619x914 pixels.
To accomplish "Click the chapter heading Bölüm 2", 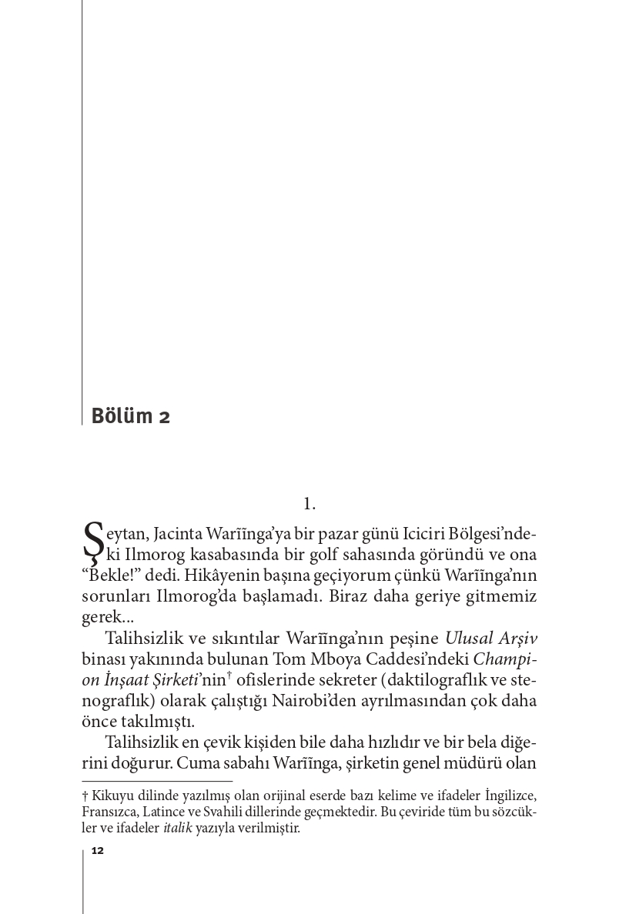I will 130,416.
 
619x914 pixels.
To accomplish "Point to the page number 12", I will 97,850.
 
